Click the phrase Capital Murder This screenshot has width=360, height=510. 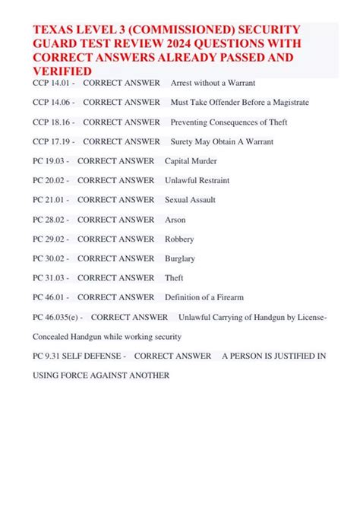coord(191,161)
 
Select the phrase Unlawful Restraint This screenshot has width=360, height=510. coord(197,181)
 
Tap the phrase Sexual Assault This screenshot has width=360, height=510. coord(190,200)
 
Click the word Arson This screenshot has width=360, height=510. coord(175,220)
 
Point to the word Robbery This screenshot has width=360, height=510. coord(179,239)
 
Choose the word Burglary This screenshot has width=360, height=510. coord(180,258)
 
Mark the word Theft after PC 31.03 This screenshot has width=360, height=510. coord(174,278)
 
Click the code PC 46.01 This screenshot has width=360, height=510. coord(49,297)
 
